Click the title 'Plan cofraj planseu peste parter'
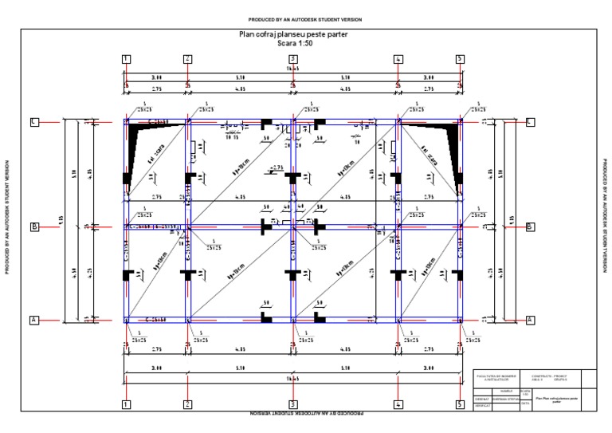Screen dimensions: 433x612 click(x=293, y=35)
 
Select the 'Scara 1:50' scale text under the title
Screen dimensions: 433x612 click(x=293, y=45)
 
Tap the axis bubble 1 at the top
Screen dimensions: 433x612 click(x=126, y=59)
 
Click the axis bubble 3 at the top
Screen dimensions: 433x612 click(x=293, y=59)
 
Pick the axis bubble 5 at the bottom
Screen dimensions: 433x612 click(x=460, y=405)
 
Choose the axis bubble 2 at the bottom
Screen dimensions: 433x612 click(x=187, y=405)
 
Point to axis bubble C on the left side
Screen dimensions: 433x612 click(x=34, y=121)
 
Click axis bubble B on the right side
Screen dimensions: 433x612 click(x=530, y=226)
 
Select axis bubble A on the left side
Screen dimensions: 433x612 click(x=34, y=320)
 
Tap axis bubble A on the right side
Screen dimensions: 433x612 click(x=530, y=320)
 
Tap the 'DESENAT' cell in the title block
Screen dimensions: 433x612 click(x=481, y=399)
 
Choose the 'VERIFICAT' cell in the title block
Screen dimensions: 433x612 click(x=481, y=406)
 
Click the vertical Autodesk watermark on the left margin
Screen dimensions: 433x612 click(x=7, y=217)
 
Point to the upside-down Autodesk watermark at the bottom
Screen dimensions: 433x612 click(x=307, y=415)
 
